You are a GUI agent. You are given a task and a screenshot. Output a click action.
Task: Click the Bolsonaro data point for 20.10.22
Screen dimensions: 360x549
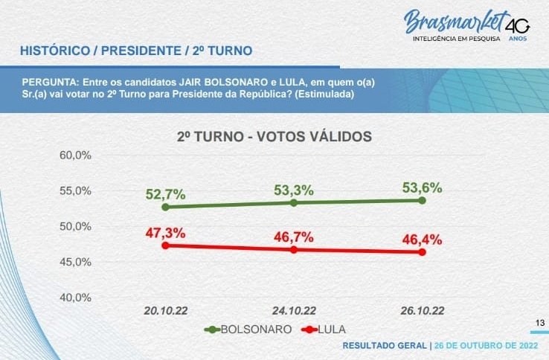[164, 206]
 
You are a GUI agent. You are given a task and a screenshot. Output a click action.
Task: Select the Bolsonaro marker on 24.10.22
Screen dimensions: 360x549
[294, 202]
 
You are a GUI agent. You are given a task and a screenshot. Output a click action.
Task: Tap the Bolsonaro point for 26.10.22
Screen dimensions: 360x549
[423, 200]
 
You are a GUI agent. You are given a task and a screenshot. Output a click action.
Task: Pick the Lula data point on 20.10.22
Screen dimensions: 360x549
[164, 245]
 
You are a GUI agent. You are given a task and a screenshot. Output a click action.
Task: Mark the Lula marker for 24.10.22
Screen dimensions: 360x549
[294, 249]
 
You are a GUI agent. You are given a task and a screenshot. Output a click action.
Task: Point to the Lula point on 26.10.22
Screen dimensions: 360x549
[423, 252]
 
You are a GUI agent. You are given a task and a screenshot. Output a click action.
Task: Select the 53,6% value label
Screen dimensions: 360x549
[423, 187]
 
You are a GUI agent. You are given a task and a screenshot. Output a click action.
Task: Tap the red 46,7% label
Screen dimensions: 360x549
[294, 237]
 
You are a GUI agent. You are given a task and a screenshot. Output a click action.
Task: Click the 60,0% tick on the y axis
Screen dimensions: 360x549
[74, 155]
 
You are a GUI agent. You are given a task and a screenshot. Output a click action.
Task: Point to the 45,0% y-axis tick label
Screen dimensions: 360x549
[74, 262]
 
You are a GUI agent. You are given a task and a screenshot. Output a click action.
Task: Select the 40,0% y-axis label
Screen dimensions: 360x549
[74, 298]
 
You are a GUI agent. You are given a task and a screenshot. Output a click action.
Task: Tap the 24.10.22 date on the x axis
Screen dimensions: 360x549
[294, 310]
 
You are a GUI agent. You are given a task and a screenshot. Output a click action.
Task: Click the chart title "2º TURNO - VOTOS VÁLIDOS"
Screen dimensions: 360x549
[274, 137]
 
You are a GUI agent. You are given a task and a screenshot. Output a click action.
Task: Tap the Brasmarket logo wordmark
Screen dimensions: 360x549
[455, 22]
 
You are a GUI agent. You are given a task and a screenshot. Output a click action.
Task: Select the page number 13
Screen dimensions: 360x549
[541, 322]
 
